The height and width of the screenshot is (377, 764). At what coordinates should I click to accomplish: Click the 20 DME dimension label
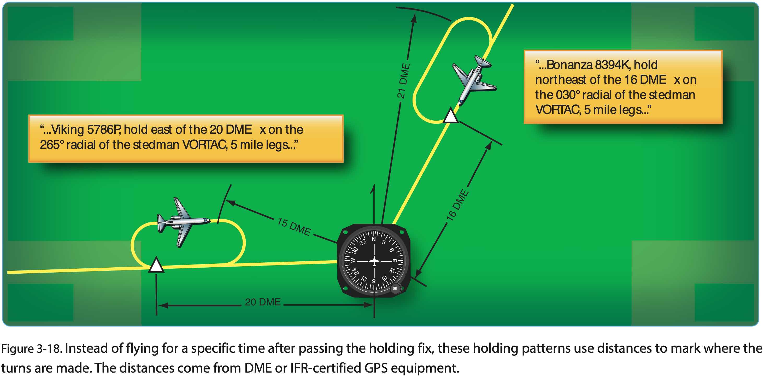(262, 302)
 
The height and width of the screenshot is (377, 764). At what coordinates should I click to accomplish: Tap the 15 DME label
(294, 227)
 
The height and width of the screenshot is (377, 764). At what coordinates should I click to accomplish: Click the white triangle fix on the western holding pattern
(156, 265)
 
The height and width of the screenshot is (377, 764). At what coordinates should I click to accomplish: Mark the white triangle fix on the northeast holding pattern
(450, 116)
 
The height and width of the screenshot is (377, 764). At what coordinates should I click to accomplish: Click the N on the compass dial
(374, 239)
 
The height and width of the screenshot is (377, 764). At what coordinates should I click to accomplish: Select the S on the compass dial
(374, 281)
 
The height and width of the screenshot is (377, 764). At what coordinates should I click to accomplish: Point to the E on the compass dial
(395, 261)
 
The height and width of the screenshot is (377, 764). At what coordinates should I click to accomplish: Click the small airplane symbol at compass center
(374, 261)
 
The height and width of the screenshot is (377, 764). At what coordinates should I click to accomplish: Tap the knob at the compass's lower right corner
(395, 288)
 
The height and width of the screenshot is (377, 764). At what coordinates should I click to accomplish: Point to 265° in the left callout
(52, 145)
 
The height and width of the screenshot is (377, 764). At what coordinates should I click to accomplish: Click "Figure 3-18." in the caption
(31, 349)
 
